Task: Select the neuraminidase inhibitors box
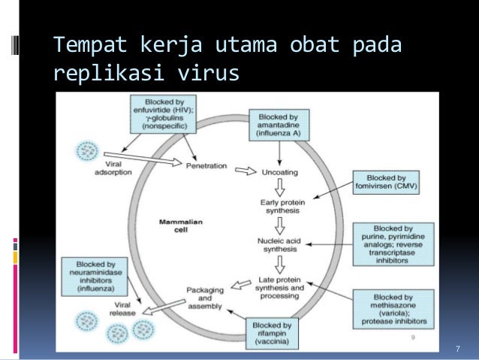(95, 277)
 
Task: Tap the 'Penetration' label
(207, 166)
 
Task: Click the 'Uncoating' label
(279, 171)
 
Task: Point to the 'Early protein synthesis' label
(279, 207)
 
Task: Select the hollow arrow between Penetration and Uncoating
(245, 171)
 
